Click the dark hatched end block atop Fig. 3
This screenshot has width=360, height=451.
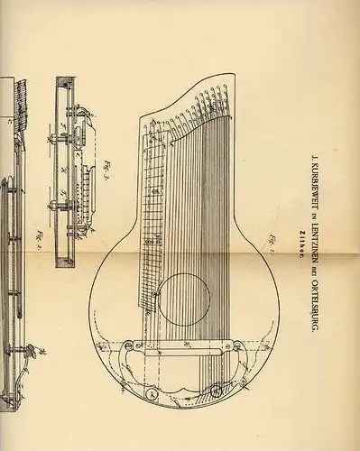tap(61, 84)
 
